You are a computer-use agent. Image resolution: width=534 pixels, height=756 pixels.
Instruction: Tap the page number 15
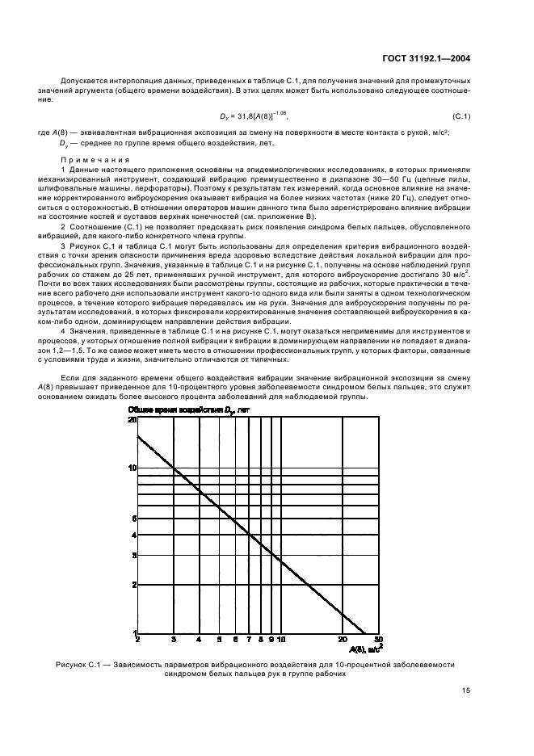467,691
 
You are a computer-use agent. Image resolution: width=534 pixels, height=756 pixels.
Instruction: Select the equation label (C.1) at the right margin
461,116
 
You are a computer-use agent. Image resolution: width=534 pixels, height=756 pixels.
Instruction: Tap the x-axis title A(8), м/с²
367,647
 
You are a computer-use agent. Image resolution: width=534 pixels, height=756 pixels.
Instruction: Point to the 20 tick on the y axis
132,420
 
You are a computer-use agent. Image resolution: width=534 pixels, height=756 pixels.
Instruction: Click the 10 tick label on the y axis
132,468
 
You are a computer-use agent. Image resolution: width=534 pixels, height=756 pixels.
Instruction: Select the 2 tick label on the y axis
133,584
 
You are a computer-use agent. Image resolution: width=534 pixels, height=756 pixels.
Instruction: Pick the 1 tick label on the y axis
133,632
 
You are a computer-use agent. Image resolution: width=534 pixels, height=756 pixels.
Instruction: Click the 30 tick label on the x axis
378,639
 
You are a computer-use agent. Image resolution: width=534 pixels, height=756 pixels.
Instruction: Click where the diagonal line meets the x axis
364,632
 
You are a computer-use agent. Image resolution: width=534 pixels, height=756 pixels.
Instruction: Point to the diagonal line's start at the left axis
138,436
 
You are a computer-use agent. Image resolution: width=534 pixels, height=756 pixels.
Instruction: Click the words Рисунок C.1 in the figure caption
78,664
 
